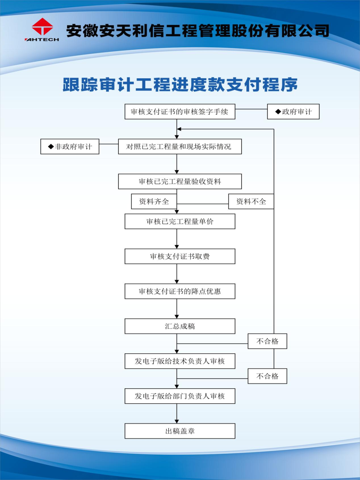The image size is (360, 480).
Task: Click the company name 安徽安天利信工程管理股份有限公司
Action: pos(197,31)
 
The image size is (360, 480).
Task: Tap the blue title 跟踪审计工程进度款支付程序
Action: pos(180,85)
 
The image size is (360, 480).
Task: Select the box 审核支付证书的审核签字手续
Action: pos(180,112)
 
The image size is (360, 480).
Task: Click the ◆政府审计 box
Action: pos(293,112)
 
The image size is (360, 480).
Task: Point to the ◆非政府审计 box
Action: pos(70,147)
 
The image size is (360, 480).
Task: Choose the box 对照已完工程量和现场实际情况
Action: pos(180,147)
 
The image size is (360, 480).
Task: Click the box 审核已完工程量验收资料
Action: pos(180,182)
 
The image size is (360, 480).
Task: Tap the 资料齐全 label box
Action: pos(154,201)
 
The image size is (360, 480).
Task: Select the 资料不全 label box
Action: pos(251,201)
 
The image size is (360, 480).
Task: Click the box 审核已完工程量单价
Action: pos(180,221)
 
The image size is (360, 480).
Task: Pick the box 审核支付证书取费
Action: pos(180,256)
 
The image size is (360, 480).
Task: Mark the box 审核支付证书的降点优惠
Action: pos(180,291)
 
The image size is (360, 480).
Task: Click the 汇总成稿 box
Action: pos(180,326)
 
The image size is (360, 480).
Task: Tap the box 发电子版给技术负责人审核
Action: pos(180,361)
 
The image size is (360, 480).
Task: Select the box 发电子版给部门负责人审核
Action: pos(180,396)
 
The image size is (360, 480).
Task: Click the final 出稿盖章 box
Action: pos(180,431)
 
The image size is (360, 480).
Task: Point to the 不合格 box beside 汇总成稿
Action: pos(267,341)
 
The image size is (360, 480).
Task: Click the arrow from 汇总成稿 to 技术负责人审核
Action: pos(177,347)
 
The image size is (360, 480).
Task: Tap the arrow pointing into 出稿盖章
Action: pos(177,417)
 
